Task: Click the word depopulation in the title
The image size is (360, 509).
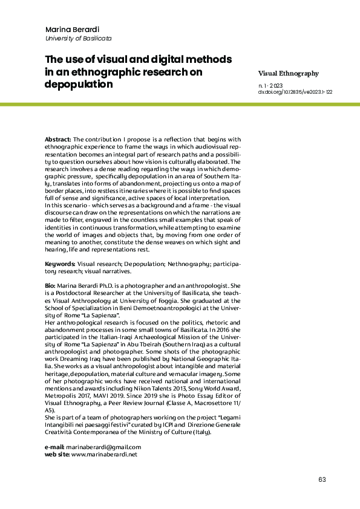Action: click(x=79, y=84)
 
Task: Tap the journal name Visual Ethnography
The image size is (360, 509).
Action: click(x=288, y=73)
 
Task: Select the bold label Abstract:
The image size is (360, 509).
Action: click(x=59, y=139)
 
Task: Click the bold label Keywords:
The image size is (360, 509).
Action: click(x=61, y=264)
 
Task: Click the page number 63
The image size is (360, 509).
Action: click(x=321, y=479)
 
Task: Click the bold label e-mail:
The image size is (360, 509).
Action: click(x=54, y=447)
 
